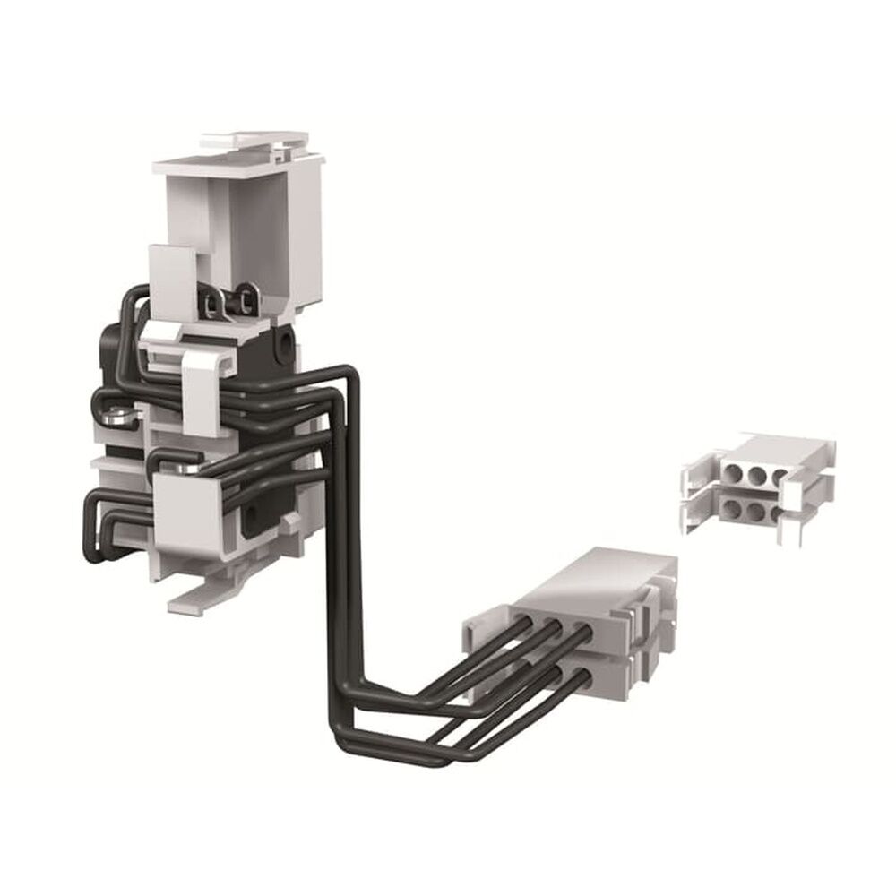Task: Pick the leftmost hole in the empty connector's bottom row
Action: pos(732,508)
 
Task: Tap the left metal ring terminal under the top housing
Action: pos(211,305)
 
